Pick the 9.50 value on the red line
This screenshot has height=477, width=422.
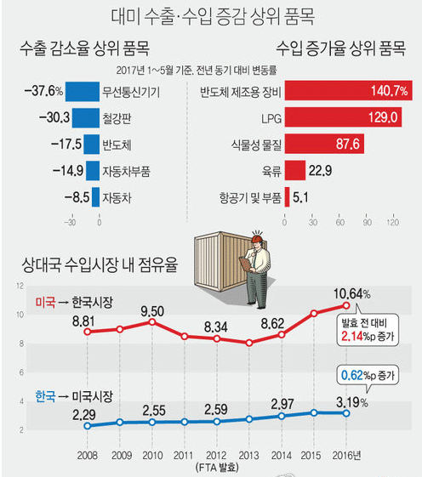point(152,310)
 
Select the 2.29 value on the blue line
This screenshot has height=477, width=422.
point(83,414)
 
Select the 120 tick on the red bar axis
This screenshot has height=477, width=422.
point(392,223)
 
